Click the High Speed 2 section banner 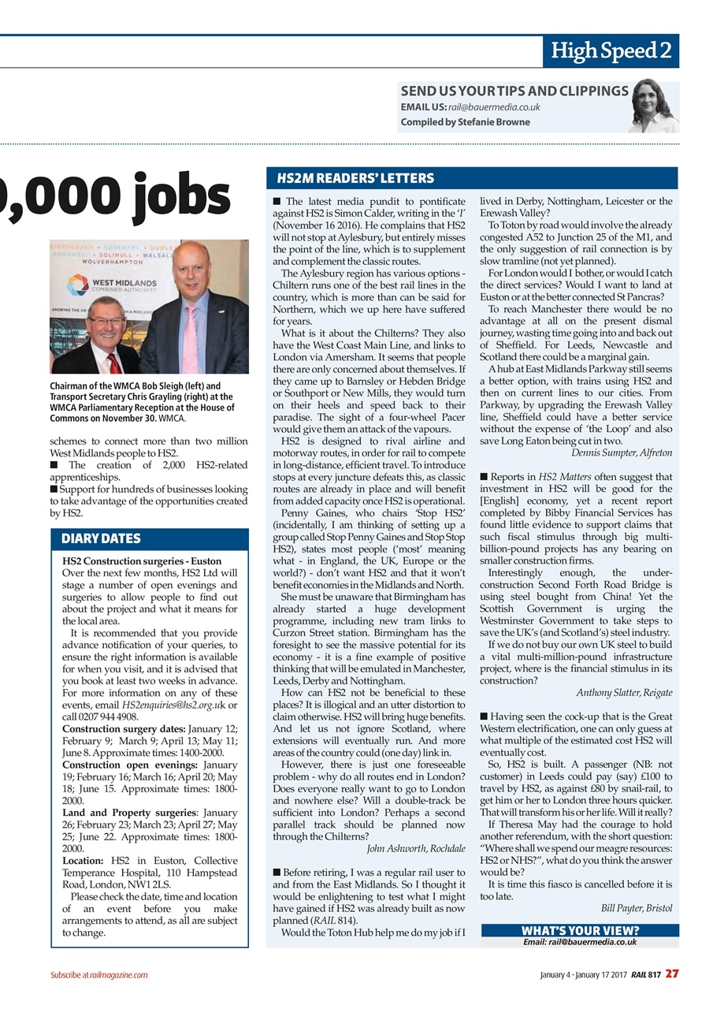pos(611,51)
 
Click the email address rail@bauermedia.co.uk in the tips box pos(494,107)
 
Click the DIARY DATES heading pos(101,539)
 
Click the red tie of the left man pos(115,362)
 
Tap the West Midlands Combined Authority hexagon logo pos(77,285)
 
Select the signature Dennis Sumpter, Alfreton pos(622,452)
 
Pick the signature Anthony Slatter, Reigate pos(624,692)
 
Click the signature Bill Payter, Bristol pos(637,908)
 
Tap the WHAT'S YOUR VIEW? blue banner pos(579,930)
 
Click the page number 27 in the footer pos(671,974)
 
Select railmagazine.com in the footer pos(119,975)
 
